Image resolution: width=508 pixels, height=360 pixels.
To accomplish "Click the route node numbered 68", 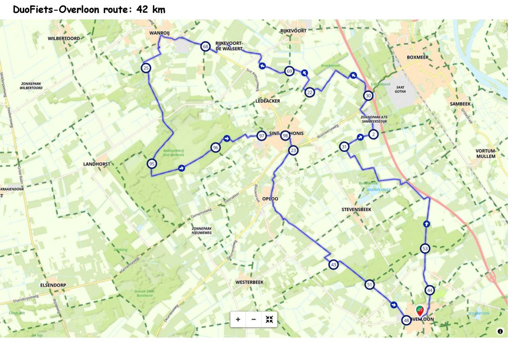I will [205, 47].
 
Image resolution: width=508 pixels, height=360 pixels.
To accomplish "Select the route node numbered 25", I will [146, 68].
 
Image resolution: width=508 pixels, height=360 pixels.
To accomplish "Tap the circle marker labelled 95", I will [152, 164].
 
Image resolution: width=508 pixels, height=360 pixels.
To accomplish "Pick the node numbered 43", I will [333, 265].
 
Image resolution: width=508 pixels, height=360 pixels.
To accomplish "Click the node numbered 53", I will [425, 248].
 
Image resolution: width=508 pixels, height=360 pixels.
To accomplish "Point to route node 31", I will [344, 146].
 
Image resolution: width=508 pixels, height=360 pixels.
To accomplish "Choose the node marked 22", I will [310, 92].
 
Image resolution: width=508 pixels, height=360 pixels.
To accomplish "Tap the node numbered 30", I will [368, 96].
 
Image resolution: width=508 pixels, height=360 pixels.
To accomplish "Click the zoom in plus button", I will [238, 319].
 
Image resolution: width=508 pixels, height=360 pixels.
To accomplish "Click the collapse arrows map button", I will [269, 319].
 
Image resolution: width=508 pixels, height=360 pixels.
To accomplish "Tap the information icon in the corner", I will [500, 331].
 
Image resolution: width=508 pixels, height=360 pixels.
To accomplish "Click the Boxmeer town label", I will [417, 57].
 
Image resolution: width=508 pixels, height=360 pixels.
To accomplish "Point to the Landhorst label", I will [96, 163].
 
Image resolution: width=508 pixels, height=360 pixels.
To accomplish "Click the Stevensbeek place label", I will [357, 210].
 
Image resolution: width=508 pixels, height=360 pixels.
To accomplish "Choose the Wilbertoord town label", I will [64, 38].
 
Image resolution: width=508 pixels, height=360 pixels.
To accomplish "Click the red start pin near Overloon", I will [420, 311].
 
